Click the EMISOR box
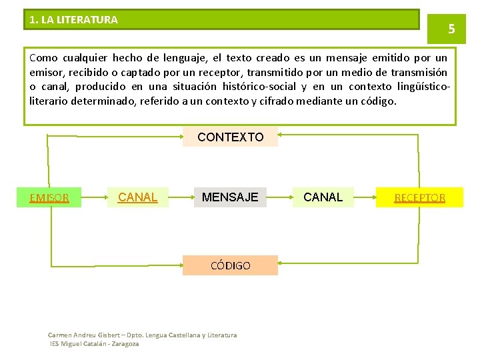coord(50,197)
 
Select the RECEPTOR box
coord(419,197)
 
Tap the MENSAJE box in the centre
coord(230,197)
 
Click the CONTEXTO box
coord(230,137)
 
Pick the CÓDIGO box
coord(230,265)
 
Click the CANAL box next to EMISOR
coord(137,197)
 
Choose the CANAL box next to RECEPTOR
coord(323,197)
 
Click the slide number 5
coord(451,29)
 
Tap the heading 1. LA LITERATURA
coord(74,20)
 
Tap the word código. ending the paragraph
coord(379,101)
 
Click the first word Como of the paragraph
coord(43,58)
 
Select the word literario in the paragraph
coord(49,101)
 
